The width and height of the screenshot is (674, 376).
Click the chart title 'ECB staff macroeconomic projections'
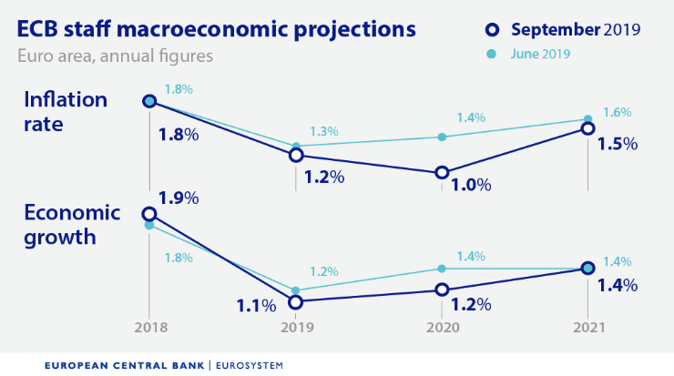click(217, 29)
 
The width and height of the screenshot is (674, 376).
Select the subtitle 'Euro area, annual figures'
click(115, 56)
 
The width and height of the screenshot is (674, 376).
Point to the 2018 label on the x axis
click(149, 328)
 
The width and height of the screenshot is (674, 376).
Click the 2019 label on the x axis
click(295, 328)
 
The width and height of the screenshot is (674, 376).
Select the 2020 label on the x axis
click(442, 328)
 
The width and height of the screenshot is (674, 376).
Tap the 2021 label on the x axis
click(587, 328)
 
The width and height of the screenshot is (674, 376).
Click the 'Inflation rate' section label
click(66, 111)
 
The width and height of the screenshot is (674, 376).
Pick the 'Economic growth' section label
click(72, 226)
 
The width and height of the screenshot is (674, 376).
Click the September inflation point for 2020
click(442, 172)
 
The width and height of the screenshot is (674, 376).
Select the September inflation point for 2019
click(295, 155)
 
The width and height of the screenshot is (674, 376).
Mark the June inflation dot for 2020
click(442, 137)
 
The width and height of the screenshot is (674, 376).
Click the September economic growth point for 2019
click(295, 301)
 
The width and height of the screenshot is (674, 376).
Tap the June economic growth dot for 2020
click(442, 269)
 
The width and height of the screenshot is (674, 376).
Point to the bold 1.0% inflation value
click(471, 186)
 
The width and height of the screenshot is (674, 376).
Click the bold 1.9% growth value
click(179, 198)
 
